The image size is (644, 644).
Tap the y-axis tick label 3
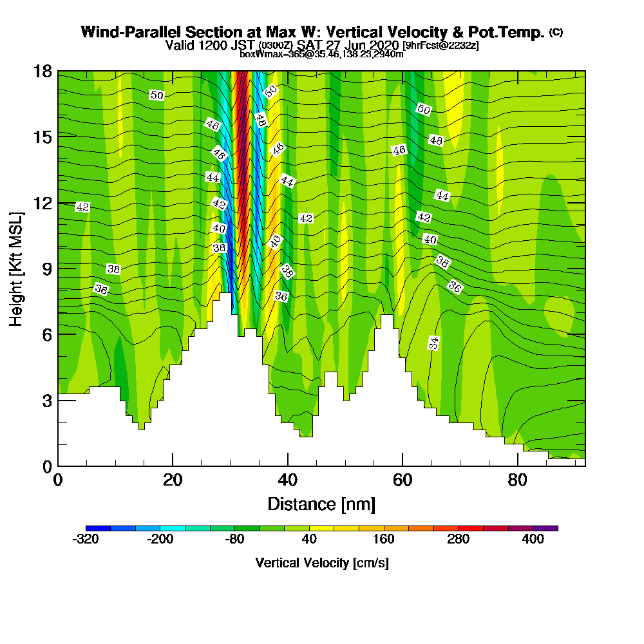click(46, 400)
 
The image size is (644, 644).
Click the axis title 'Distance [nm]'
click(321, 504)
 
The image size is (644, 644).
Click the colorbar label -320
click(86, 540)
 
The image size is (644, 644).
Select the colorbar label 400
click(533, 540)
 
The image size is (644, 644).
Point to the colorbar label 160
click(384, 540)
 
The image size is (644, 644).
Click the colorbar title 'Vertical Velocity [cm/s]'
click(321, 563)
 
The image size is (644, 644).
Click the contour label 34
click(434, 343)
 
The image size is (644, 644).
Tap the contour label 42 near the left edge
click(82, 207)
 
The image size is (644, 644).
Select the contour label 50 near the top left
click(156, 95)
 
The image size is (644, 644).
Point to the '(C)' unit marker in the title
click(556, 32)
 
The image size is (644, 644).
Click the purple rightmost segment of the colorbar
click(551, 528)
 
